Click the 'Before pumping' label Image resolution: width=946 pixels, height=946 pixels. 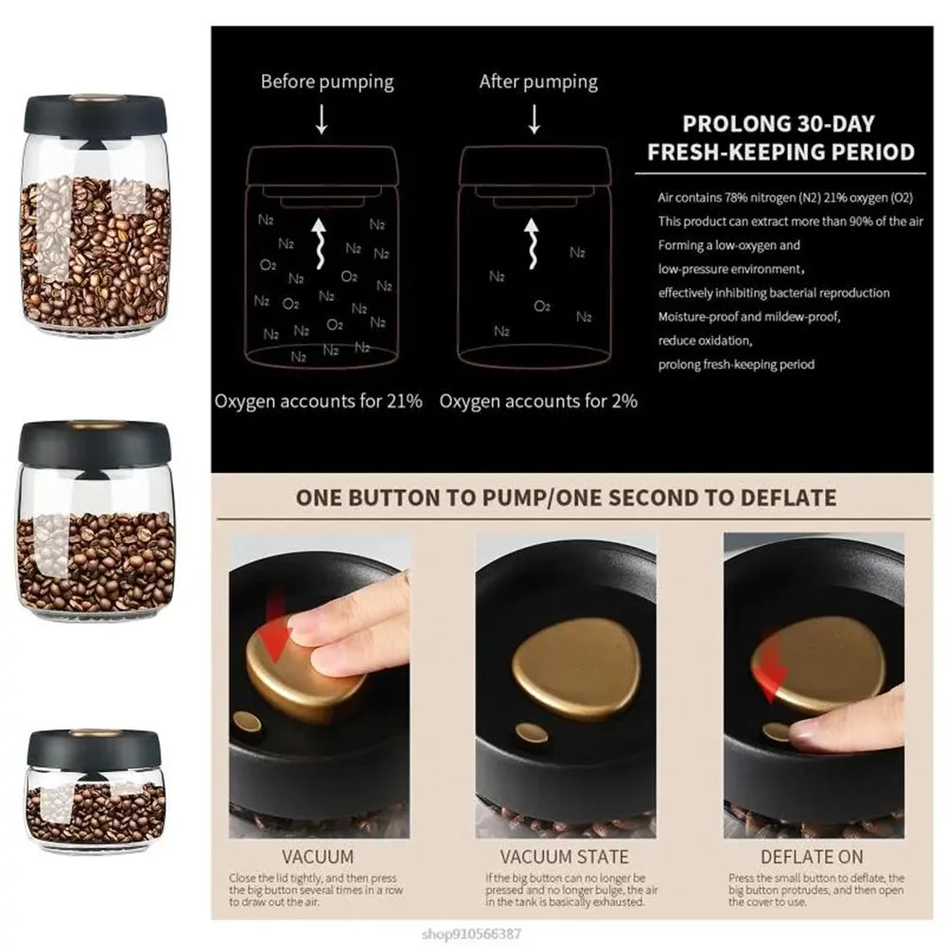(x=327, y=81)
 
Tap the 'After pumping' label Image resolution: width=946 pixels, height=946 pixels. (x=538, y=81)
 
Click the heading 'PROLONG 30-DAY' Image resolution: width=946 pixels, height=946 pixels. (x=779, y=124)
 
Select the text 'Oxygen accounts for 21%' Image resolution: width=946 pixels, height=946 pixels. (x=318, y=401)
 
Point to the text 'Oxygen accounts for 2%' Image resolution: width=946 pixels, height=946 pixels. (x=538, y=401)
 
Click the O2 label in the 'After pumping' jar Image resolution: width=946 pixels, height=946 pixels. (x=542, y=307)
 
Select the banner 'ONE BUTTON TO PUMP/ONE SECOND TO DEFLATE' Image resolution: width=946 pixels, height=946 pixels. (x=566, y=498)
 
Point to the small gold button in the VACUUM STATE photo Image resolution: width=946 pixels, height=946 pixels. (x=532, y=733)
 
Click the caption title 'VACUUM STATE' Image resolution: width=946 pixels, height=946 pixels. (x=564, y=857)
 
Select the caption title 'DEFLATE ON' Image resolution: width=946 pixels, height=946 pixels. (x=812, y=857)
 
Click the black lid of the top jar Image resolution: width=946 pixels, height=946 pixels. (x=95, y=116)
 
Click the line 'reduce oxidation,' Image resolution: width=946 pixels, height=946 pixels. (x=705, y=341)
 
